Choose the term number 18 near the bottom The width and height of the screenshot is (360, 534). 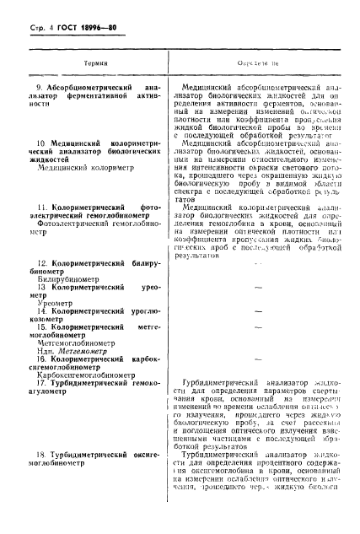coord(34,479)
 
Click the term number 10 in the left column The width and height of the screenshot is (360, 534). coord(33,134)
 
